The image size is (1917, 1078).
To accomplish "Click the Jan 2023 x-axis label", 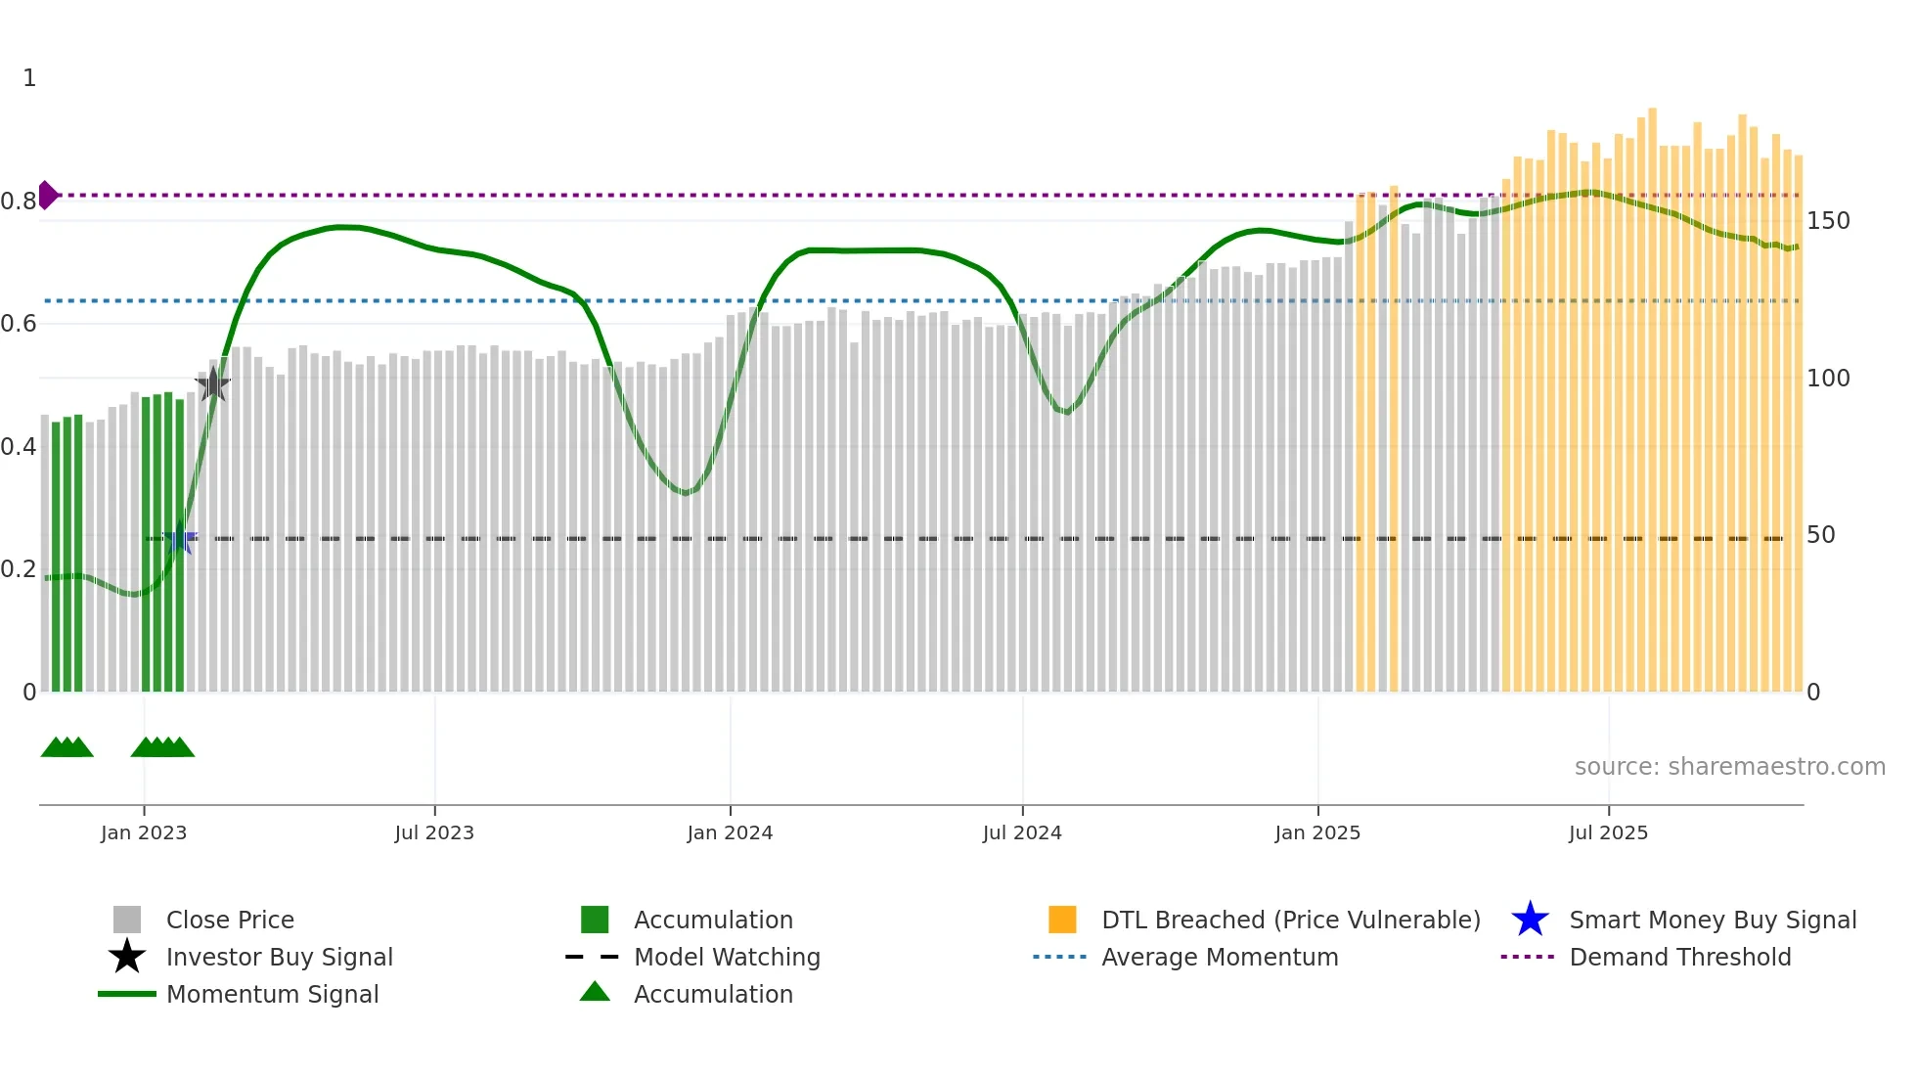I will [x=143, y=832].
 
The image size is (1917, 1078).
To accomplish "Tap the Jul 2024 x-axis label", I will [x=1021, y=832].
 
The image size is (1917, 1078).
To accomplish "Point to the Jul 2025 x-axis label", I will [x=1608, y=832].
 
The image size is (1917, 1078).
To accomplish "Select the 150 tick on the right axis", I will [x=1827, y=221].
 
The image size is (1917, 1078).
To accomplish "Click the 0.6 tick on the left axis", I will [x=19, y=324].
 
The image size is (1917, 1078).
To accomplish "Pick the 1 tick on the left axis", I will [x=29, y=78].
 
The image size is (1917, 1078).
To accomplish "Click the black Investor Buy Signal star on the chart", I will [x=212, y=385].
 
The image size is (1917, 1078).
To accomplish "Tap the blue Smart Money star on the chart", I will [x=180, y=539].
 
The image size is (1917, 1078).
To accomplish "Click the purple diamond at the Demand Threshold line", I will [x=47, y=196].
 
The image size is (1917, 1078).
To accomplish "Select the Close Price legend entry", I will [x=230, y=920].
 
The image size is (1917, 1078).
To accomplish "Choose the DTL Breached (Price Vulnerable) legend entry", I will [x=1290, y=920].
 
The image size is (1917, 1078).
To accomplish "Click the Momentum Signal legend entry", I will [x=272, y=994].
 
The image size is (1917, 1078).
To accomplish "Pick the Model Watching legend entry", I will [x=726, y=957].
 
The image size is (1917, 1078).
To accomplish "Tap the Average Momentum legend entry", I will [x=1219, y=957].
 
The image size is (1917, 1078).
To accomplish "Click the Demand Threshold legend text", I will [x=1679, y=957].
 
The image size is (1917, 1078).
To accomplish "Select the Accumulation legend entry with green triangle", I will [x=712, y=994].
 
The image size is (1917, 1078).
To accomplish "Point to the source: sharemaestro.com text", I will [x=1729, y=767].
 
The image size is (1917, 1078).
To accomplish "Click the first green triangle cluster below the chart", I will [x=67, y=747].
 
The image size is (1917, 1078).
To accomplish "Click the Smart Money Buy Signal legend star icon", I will [x=1530, y=920].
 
